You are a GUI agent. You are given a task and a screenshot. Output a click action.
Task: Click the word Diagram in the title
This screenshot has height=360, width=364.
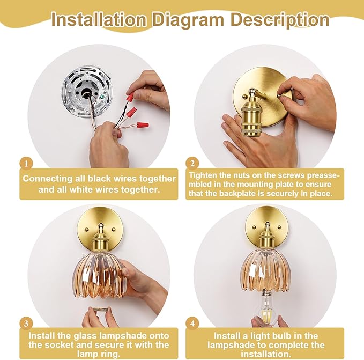(188, 20)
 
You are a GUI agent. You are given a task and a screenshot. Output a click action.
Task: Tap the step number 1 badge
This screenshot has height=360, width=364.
(26, 164)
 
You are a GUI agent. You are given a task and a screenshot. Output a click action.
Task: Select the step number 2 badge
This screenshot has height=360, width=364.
(192, 164)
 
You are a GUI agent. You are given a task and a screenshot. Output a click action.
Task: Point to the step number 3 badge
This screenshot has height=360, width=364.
(26, 324)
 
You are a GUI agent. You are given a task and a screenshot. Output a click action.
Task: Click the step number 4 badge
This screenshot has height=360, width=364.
(192, 324)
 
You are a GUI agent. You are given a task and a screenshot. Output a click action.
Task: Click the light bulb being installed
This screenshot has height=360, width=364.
(266, 307)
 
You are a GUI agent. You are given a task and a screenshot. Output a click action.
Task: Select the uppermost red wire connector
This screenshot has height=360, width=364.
(130, 97)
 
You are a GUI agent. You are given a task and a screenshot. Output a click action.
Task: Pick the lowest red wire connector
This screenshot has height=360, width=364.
(143, 126)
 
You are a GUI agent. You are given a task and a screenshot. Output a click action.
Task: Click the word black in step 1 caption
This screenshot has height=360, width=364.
(99, 179)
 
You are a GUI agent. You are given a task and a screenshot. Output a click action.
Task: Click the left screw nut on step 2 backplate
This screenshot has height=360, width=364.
(244, 97)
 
